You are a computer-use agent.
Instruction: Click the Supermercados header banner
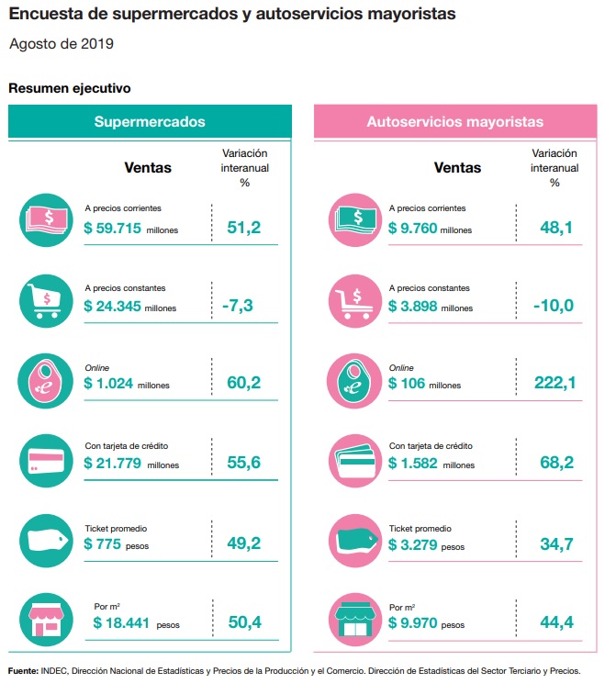pos(150,121)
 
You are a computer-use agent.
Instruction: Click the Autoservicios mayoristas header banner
pos(454,121)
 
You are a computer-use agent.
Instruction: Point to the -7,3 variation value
pos(243,306)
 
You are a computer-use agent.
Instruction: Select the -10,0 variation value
pos(554,306)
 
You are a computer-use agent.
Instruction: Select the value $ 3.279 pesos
pos(427,545)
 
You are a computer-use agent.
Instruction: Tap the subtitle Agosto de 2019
pos(62,43)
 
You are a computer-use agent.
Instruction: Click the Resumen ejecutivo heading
pos(69,89)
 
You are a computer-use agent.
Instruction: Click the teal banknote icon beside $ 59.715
pos(45,219)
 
